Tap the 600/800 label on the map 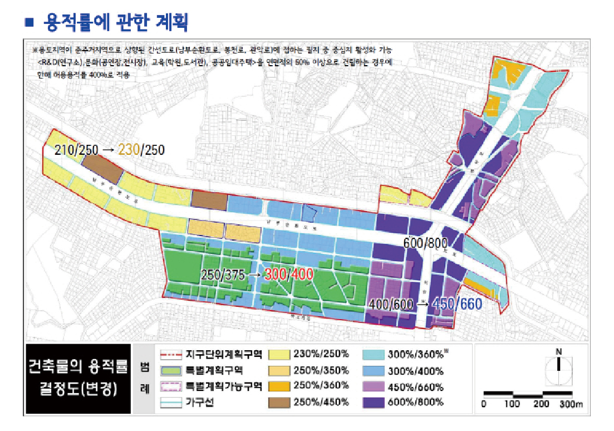coord(426,243)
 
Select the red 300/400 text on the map coord(288,275)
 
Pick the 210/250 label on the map coord(77,150)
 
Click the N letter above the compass coord(558,351)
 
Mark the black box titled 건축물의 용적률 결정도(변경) coord(79,378)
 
